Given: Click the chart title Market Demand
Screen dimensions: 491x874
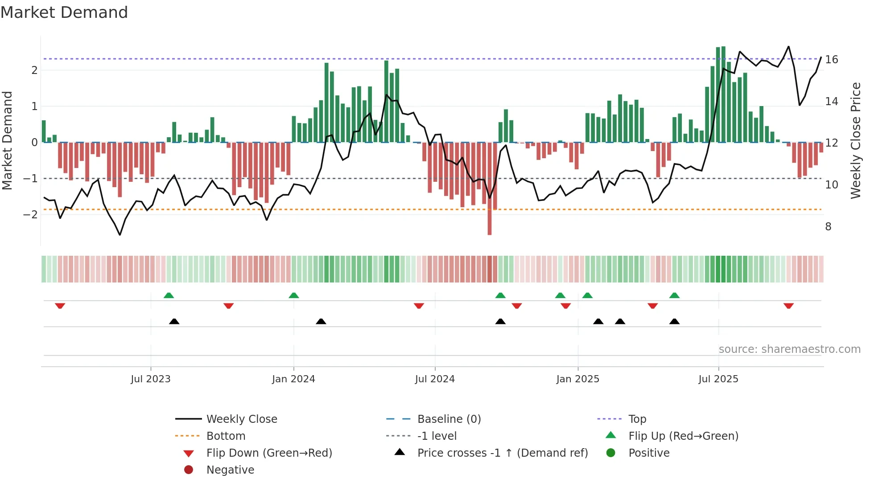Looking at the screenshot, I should pos(64,12).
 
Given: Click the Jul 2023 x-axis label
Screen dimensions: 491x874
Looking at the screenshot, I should pos(151,379).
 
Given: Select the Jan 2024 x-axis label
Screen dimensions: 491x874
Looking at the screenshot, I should pos(293,379).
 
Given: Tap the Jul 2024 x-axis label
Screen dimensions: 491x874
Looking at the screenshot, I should pos(435,379).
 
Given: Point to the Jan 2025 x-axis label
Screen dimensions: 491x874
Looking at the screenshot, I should pos(578,379).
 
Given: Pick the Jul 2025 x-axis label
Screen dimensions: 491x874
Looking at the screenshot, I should pos(718,379).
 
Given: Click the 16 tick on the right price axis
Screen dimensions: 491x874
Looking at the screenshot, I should pos(832,60).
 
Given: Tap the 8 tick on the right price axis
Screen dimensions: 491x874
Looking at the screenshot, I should pos(828,227).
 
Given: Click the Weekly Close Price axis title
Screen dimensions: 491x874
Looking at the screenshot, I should pos(856,140).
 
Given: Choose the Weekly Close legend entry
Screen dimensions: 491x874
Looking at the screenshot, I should pos(241,419).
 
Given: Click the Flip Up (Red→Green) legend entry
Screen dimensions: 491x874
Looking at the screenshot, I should pos(683,436).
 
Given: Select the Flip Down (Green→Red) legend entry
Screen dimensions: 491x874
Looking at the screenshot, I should pos(269,453).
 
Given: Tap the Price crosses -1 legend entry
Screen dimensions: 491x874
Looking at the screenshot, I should pos(502,453).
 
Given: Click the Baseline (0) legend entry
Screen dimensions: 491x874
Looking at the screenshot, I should pos(449,419).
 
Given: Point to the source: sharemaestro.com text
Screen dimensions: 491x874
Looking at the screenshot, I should pos(789,349).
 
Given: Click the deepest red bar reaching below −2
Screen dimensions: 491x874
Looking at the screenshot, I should pos(490,214).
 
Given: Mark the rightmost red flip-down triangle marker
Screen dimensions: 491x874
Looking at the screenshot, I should pos(788,306).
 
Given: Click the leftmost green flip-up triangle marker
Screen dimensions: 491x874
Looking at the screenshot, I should pos(169,295).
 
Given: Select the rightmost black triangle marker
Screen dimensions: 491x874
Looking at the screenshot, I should pos(675,321).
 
